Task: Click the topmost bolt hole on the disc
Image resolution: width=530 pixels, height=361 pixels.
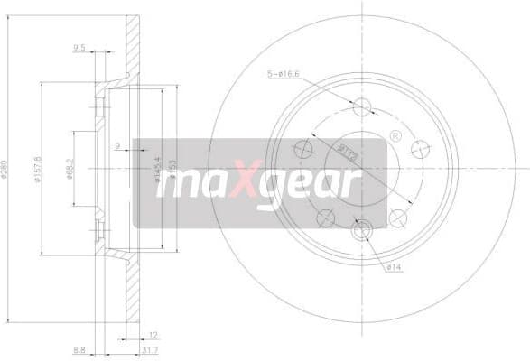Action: tap(363, 106)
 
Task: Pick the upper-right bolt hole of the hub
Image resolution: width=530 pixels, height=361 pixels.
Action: tap(418, 147)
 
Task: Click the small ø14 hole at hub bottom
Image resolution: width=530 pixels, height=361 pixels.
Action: tap(362, 232)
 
